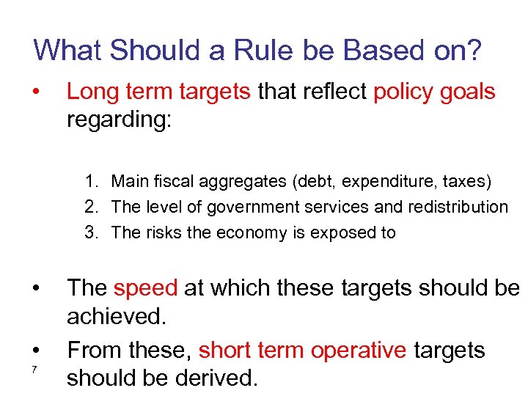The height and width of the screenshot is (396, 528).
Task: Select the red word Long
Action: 88,92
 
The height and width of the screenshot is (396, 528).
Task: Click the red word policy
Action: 402,92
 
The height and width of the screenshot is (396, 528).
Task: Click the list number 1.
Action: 90,180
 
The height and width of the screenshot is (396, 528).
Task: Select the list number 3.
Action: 90,233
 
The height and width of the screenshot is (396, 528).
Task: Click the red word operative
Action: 359,350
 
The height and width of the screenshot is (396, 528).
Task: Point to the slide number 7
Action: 34,368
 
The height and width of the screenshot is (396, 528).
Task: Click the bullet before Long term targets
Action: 34,92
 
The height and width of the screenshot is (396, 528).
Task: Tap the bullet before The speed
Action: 34,287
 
